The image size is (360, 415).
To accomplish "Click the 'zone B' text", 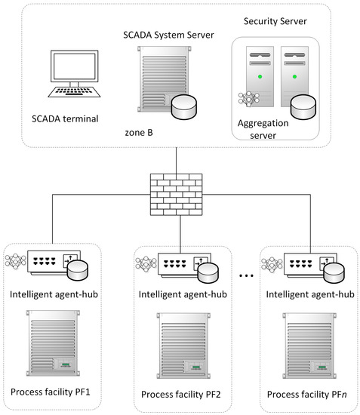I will (140, 133).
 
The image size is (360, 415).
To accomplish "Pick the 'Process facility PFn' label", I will (309, 395).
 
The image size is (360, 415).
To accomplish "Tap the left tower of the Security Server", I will (260, 78).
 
